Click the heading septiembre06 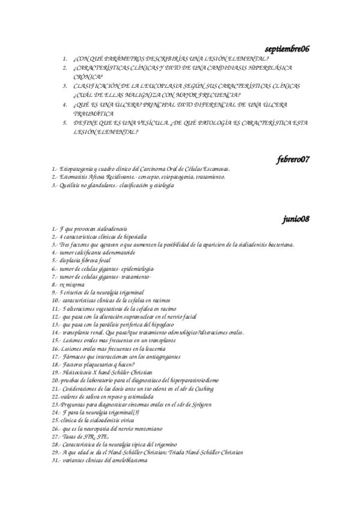tap(287, 48)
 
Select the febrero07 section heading tap(293, 159)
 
